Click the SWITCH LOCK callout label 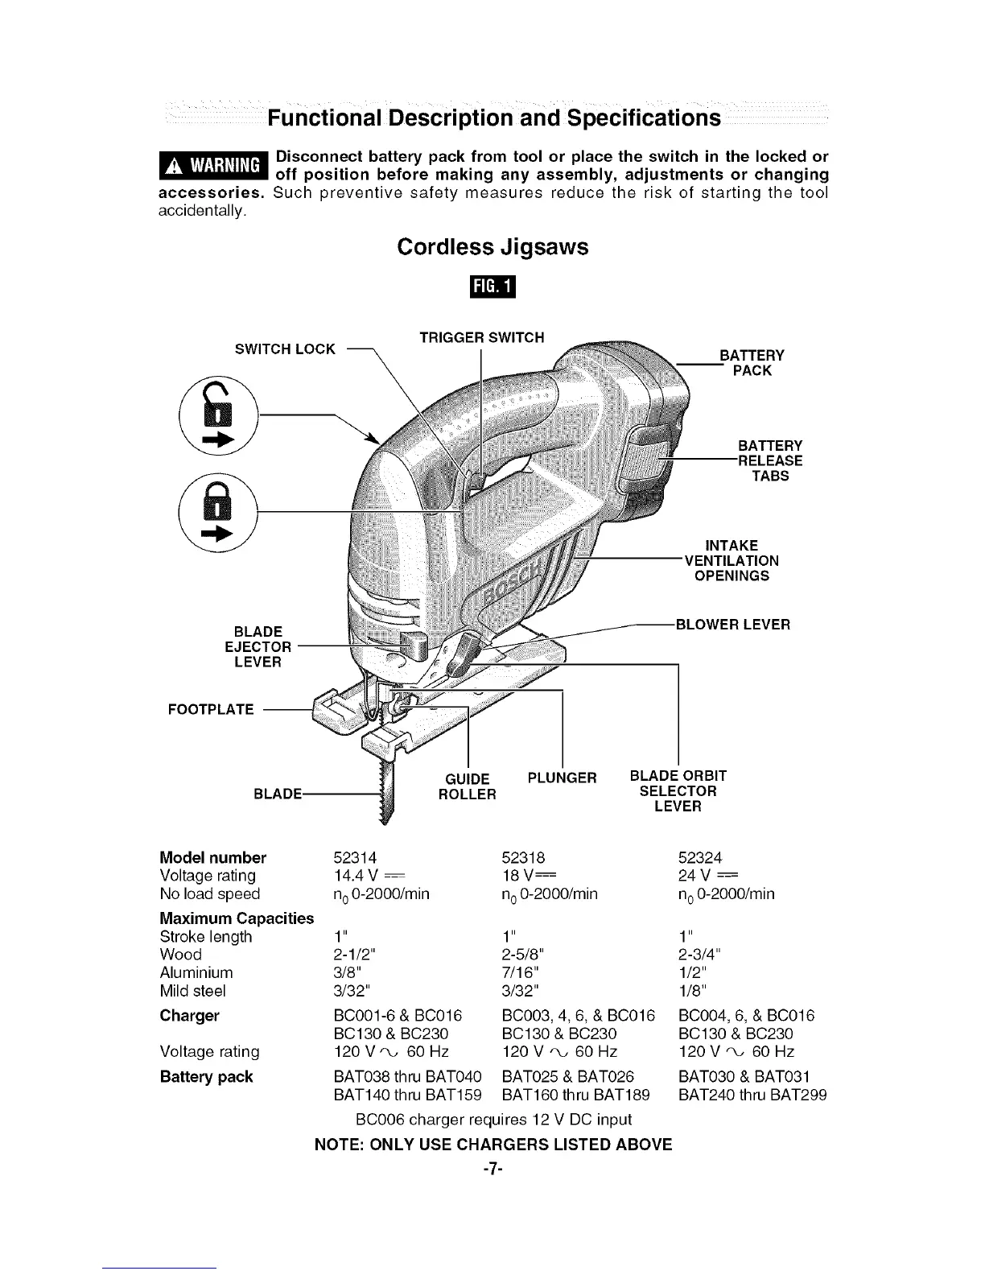click(285, 349)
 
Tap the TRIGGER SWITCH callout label click(482, 336)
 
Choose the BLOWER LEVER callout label click(732, 624)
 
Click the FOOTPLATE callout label click(210, 709)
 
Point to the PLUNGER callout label click(562, 778)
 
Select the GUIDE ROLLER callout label click(467, 786)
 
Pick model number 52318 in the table click(523, 857)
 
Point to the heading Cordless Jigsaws click(492, 246)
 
